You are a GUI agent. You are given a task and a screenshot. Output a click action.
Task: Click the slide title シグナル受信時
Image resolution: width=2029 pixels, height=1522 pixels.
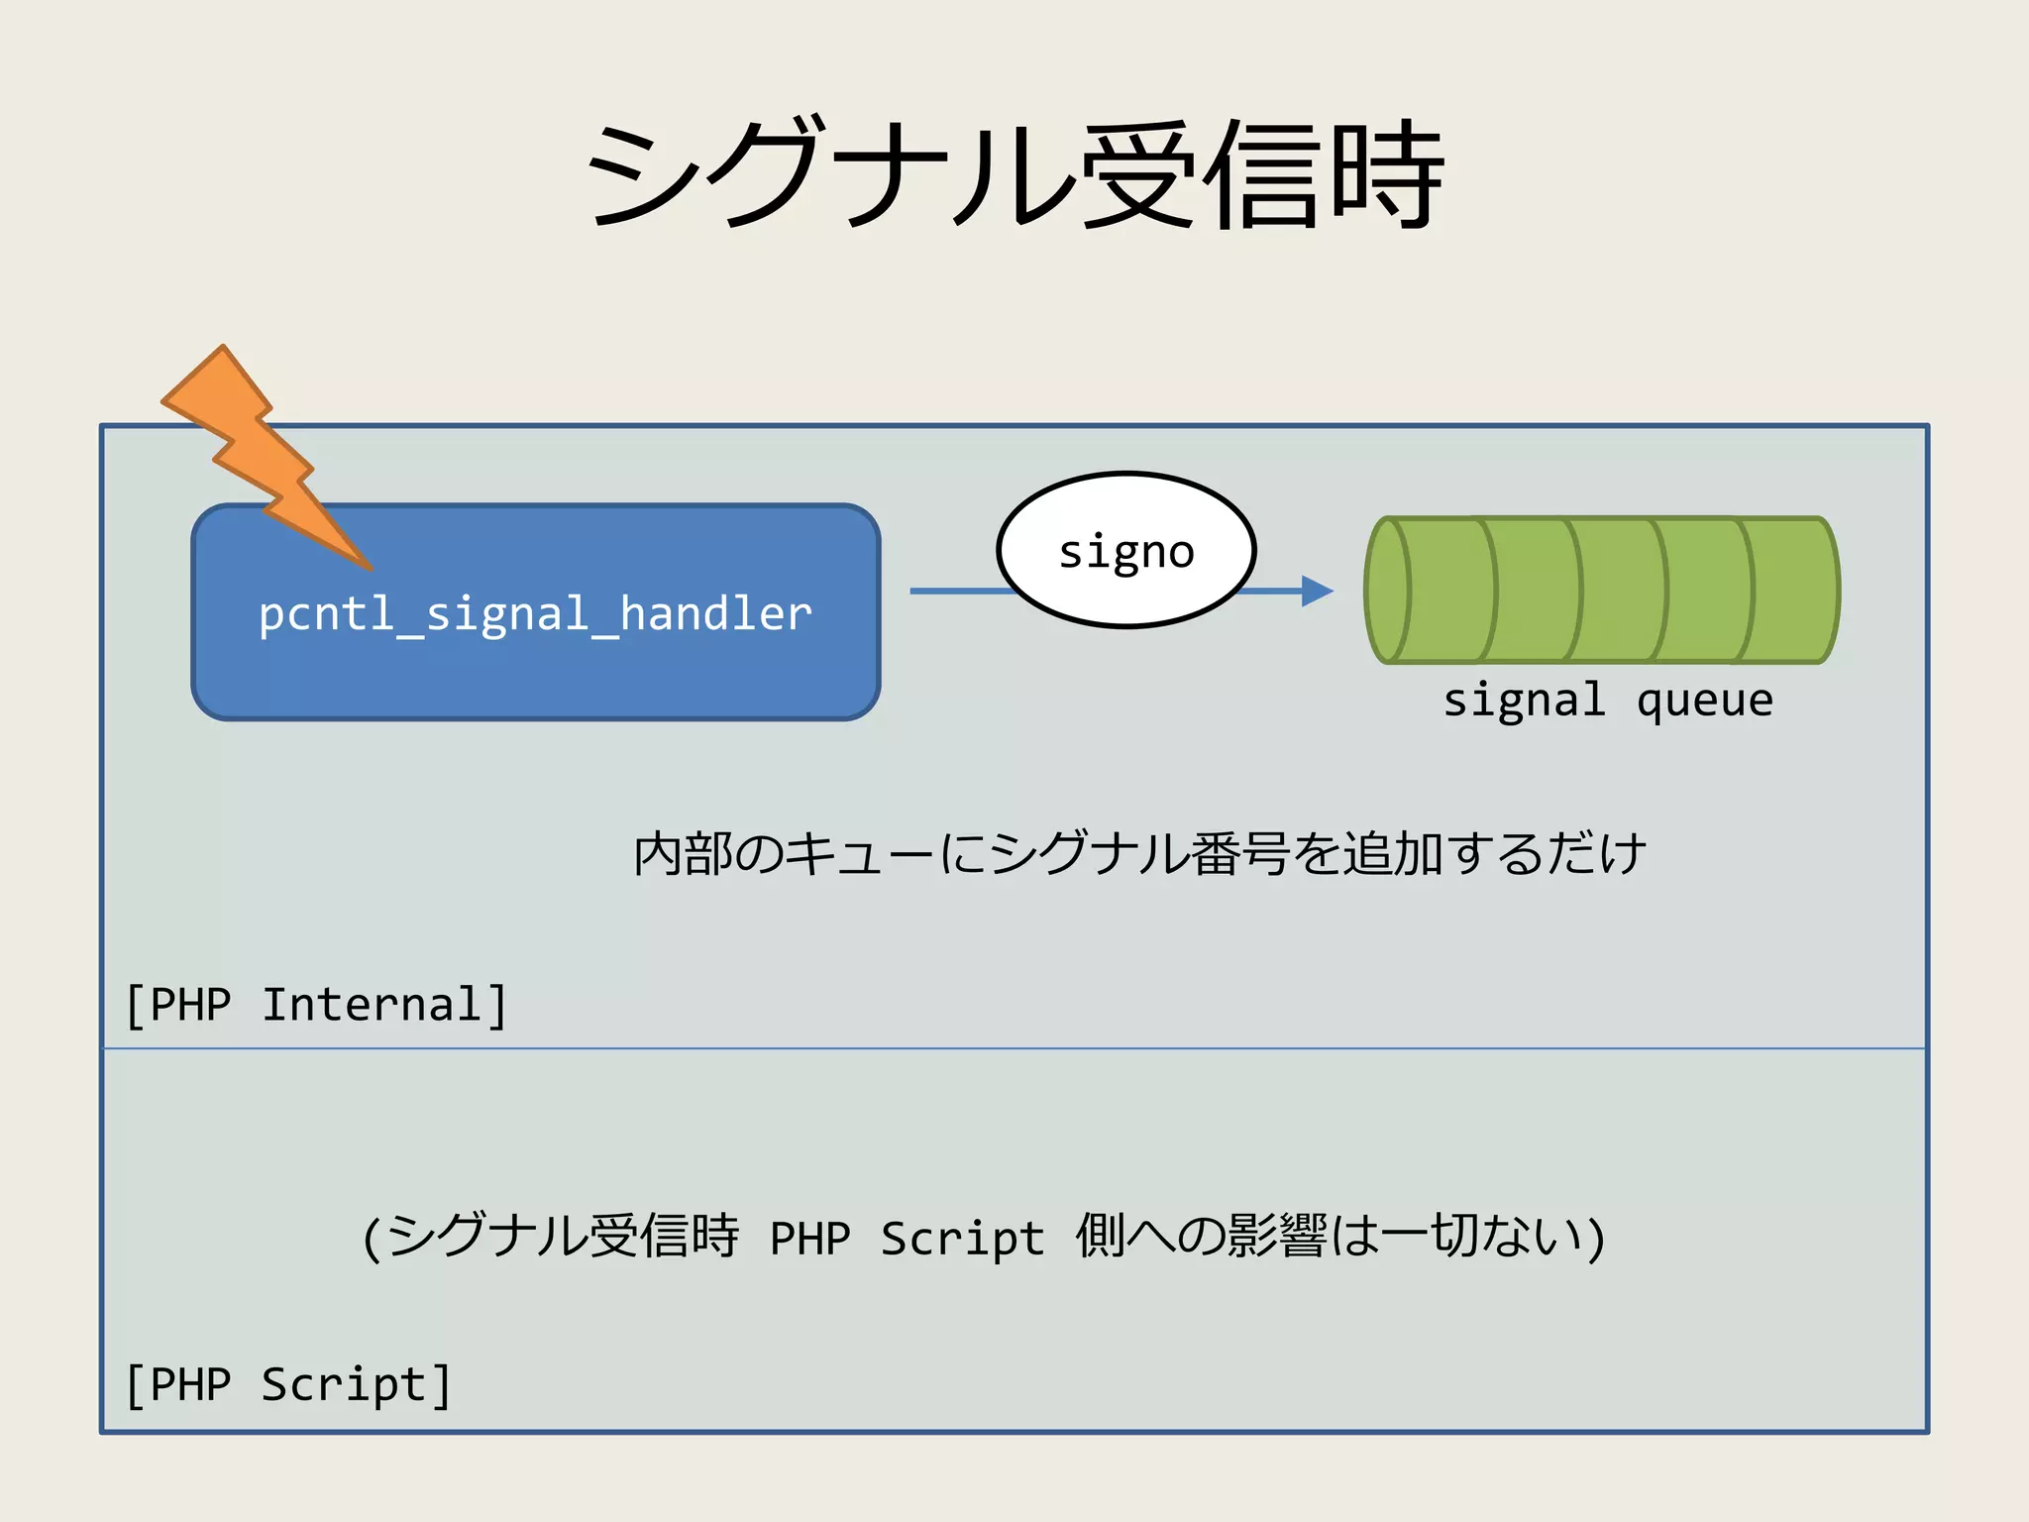(x=1014, y=176)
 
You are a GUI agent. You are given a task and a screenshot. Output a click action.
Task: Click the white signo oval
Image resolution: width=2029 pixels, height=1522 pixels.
(x=1126, y=550)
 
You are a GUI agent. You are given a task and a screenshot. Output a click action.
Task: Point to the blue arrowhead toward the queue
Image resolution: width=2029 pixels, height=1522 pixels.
(x=1317, y=591)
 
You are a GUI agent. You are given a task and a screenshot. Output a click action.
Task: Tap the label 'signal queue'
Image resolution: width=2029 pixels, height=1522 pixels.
(x=1607, y=701)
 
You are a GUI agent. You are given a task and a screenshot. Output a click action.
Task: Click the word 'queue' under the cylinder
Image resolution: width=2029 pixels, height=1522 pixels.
(x=1704, y=702)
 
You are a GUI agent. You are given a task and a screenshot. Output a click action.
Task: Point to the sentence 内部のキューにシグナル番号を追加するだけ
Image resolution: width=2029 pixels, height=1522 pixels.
(x=1139, y=853)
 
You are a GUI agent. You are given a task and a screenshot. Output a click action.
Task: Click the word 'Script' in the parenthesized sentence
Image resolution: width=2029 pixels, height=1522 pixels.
(x=962, y=1239)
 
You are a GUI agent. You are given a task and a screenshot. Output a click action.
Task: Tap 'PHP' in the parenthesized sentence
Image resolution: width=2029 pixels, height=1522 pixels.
(x=810, y=1239)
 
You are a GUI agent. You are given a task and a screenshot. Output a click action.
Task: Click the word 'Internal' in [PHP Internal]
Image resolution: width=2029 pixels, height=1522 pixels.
(x=372, y=1005)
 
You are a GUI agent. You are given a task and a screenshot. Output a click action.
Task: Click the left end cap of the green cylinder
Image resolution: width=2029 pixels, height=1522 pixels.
(x=1387, y=590)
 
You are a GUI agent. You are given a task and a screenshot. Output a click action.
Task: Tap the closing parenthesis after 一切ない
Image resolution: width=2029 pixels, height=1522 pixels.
(x=1595, y=1239)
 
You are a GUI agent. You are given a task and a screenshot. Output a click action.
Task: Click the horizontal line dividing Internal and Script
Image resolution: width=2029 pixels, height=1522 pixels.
(x=1014, y=1047)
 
